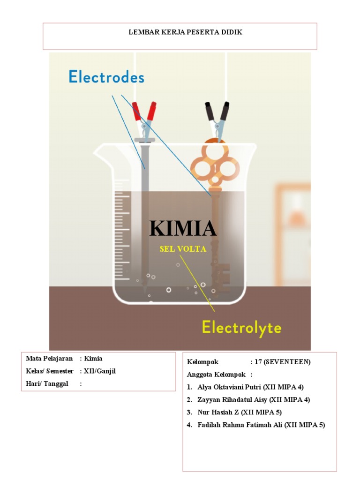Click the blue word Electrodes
[x=106, y=77]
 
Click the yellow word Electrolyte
[x=241, y=327]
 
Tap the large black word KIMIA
[x=183, y=228]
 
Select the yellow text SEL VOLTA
[x=183, y=249]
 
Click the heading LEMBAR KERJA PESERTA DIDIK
[x=180, y=32]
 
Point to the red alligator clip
[x=144, y=117]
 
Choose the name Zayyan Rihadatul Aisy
[x=230, y=400]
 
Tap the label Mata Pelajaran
[x=49, y=359]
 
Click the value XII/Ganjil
[x=99, y=371]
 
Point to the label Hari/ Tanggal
[x=47, y=384]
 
